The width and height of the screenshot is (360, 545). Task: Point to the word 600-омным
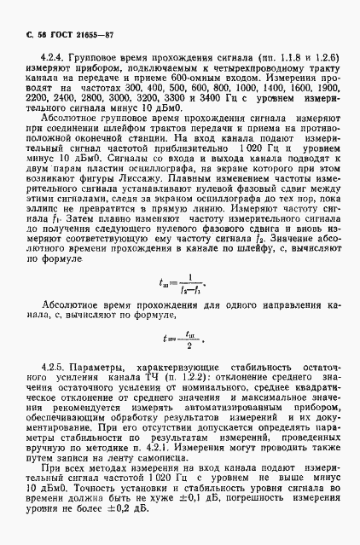click(216, 77)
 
